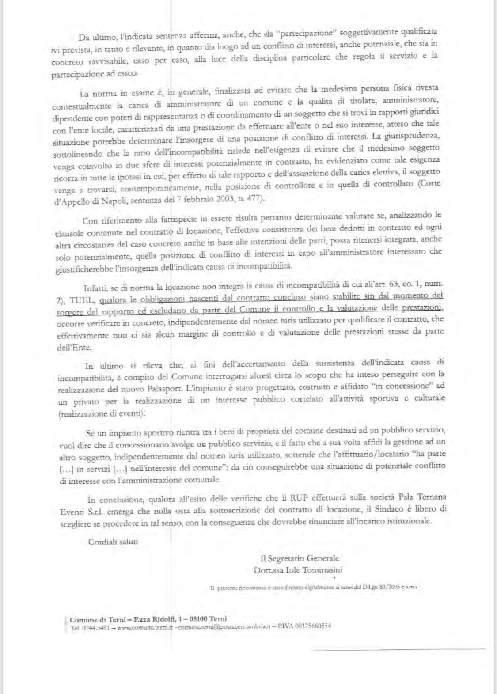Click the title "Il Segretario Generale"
(x=300, y=558)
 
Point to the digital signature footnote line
(x=313, y=587)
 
